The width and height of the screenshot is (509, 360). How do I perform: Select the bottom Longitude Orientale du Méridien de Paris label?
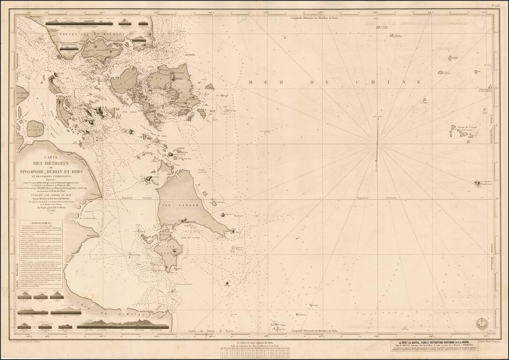click(314, 332)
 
